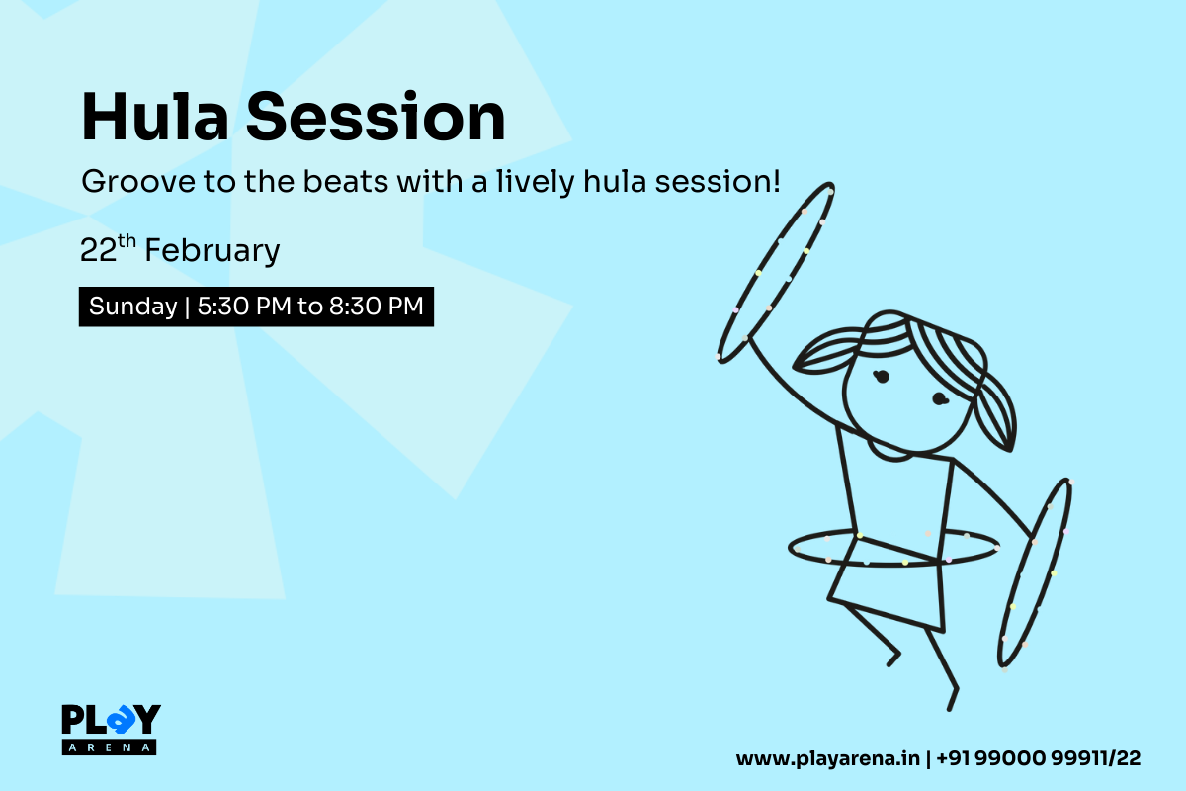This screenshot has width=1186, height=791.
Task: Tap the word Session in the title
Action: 376,119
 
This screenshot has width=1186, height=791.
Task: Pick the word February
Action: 212,252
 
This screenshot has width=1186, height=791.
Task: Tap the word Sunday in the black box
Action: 132,307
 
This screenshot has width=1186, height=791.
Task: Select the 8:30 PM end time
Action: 377,307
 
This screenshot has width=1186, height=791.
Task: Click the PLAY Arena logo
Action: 111,729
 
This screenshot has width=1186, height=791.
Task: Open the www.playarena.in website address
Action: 827,759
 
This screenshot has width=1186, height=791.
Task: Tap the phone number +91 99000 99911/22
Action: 1038,759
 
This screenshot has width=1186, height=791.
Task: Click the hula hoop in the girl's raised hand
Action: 776,272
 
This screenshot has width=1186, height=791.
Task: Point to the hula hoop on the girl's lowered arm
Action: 1035,573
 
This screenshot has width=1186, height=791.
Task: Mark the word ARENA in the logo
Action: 110,747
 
